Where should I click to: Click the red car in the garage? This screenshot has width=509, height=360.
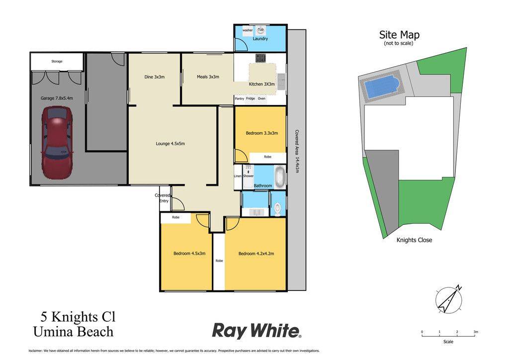click(x=57, y=143)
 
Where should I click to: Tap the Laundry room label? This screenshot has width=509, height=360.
click(x=260, y=39)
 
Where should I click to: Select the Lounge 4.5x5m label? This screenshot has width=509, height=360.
click(x=170, y=144)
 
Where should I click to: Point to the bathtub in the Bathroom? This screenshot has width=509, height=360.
click(x=279, y=177)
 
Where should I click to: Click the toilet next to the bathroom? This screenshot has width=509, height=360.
click(x=277, y=209)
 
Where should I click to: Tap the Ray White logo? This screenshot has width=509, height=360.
click(x=256, y=331)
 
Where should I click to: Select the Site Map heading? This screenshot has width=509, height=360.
click(x=399, y=35)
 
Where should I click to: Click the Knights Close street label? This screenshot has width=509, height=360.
click(x=414, y=240)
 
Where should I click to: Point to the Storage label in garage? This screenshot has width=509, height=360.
click(x=57, y=61)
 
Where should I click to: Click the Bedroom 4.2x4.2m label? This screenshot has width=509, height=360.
click(x=256, y=254)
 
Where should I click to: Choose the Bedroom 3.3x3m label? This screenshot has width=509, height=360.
click(x=261, y=133)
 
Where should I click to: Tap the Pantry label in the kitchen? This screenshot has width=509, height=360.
click(x=239, y=98)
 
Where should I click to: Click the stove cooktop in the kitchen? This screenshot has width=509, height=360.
click(x=260, y=58)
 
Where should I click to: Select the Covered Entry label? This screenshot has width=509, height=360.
click(x=163, y=198)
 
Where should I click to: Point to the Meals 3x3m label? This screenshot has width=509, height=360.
click(x=208, y=77)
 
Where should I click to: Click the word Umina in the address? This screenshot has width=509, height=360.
click(x=53, y=332)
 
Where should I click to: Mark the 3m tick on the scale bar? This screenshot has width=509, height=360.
click(x=475, y=335)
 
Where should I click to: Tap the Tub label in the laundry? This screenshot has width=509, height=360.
click(x=260, y=29)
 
